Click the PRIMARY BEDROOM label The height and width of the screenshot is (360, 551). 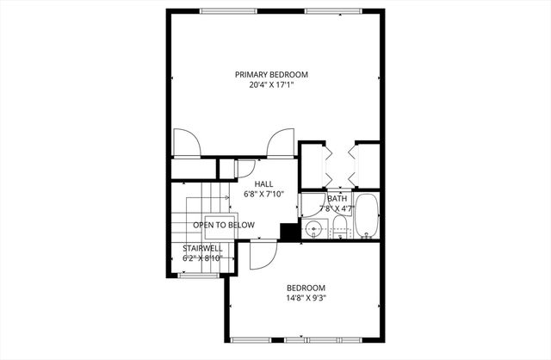[x=271, y=74]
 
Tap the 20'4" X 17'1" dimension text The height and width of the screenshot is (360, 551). [x=271, y=85]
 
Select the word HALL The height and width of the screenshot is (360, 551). [x=263, y=183]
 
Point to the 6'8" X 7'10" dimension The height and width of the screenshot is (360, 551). [x=263, y=194]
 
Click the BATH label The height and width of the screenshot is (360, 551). [x=337, y=198]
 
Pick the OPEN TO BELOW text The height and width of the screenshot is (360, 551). [x=224, y=225]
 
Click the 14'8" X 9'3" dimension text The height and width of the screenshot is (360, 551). [x=306, y=298]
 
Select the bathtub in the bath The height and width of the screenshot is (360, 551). [x=367, y=219]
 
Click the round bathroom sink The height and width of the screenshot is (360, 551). [x=314, y=229]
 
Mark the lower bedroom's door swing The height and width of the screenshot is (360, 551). [x=262, y=255]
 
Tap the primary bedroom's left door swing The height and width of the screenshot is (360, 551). [x=187, y=143]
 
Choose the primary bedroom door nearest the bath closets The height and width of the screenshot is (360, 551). [x=280, y=143]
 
